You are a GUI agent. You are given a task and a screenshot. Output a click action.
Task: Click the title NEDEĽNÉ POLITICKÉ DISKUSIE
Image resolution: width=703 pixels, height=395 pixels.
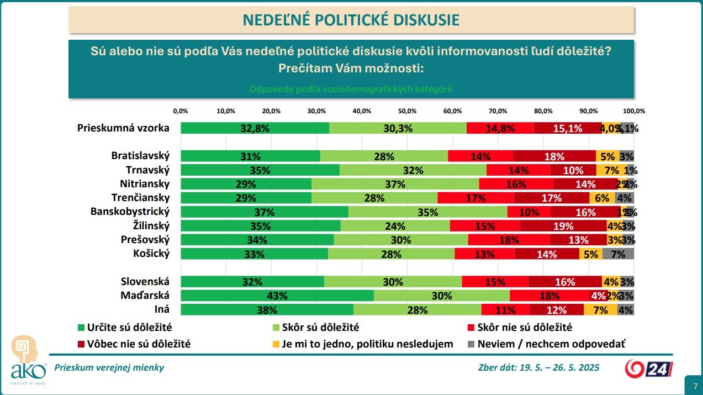coord(351,20)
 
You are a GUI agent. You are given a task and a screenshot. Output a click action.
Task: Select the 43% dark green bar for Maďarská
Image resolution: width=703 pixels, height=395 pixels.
coord(277,296)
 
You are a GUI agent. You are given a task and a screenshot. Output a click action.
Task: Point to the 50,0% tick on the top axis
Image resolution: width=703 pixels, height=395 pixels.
coord(407,111)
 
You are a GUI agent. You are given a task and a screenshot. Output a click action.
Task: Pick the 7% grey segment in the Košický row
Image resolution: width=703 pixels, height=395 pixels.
coord(618,254)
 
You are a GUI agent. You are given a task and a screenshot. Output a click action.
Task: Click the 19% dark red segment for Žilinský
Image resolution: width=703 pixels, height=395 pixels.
coord(563,226)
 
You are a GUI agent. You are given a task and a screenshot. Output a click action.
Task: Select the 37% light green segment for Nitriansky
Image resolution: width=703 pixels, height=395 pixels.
coord(395,184)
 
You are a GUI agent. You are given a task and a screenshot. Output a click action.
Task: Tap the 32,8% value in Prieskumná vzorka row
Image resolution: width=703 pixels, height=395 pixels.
coord(255,128)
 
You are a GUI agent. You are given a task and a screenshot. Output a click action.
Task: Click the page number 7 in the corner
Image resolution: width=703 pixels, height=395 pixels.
coord(693,385)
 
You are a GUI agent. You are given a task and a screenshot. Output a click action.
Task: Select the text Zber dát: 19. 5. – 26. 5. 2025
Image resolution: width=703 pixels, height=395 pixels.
coord(538,368)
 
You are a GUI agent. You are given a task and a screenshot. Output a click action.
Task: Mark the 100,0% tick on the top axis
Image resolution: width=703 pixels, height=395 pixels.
coord(634,111)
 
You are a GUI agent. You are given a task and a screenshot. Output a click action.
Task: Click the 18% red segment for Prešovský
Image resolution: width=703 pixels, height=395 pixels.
coord(509,240)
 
